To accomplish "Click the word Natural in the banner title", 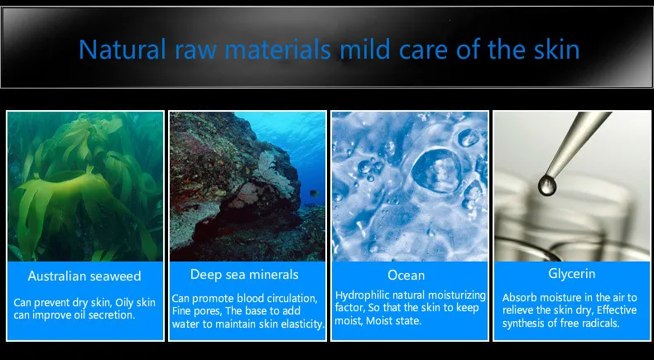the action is (x=123, y=49).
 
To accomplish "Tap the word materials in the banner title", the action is (x=278, y=49).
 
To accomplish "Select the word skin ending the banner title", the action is (x=555, y=49).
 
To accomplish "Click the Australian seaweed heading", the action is (x=84, y=276).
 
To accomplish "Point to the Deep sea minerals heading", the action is (x=244, y=274).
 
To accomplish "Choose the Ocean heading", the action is (x=406, y=276).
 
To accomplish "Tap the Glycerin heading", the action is (x=571, y=274).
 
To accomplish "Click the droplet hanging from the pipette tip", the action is (x=547, y=185).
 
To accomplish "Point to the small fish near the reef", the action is (x=313, y=194).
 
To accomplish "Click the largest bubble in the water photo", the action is (x=436, y=171).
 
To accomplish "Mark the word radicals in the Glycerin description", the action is (x=601, y=323).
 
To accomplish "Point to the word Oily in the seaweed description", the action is (x=124, y=302).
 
